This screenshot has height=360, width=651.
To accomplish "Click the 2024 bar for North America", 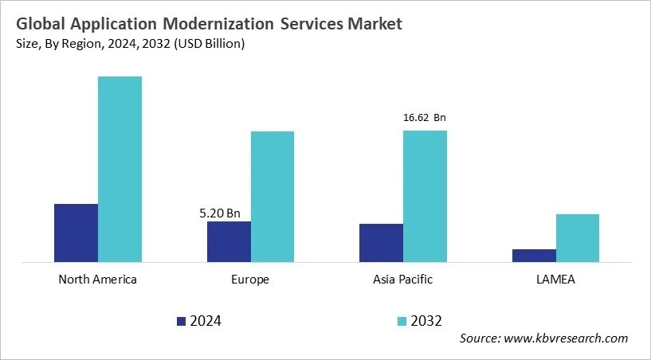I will pyautogui.click(x=76, y=233).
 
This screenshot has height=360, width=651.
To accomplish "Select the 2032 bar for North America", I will pyautogui.click(x=120, y=169).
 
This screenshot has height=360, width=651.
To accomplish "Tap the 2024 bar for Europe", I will pyautogui.click(x=229, y=241).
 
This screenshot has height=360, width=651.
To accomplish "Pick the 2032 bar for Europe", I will pyautogui.click(x=273, y=196).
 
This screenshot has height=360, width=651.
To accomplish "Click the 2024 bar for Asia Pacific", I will pyautogui.click(x=381, y=242).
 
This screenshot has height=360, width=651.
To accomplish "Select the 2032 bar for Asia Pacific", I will pyautogui.click(x=425, y=196).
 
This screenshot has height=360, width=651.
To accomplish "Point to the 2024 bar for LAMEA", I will pyautogui.click(x=534, y=255).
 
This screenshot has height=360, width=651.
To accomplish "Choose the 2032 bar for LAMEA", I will pyautogui.click(x=578, y=237).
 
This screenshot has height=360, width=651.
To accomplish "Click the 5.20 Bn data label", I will pyautogui.click(x=219, y=213).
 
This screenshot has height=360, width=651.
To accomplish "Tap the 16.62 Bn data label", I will pyautogui.click(x=425, y=118).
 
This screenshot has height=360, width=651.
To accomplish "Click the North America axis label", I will pyautogui.click(x=98, y=280).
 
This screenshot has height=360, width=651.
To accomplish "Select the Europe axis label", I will pyautogui.click(x=250, y=280).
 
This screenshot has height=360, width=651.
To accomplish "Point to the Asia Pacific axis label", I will pyautogui.click(x=403, y=280).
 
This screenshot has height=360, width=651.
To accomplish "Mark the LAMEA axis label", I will pyautogui.click(x=555, y=280).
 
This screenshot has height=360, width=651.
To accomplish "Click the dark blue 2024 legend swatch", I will pyautogui.click(x=181, y=321).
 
